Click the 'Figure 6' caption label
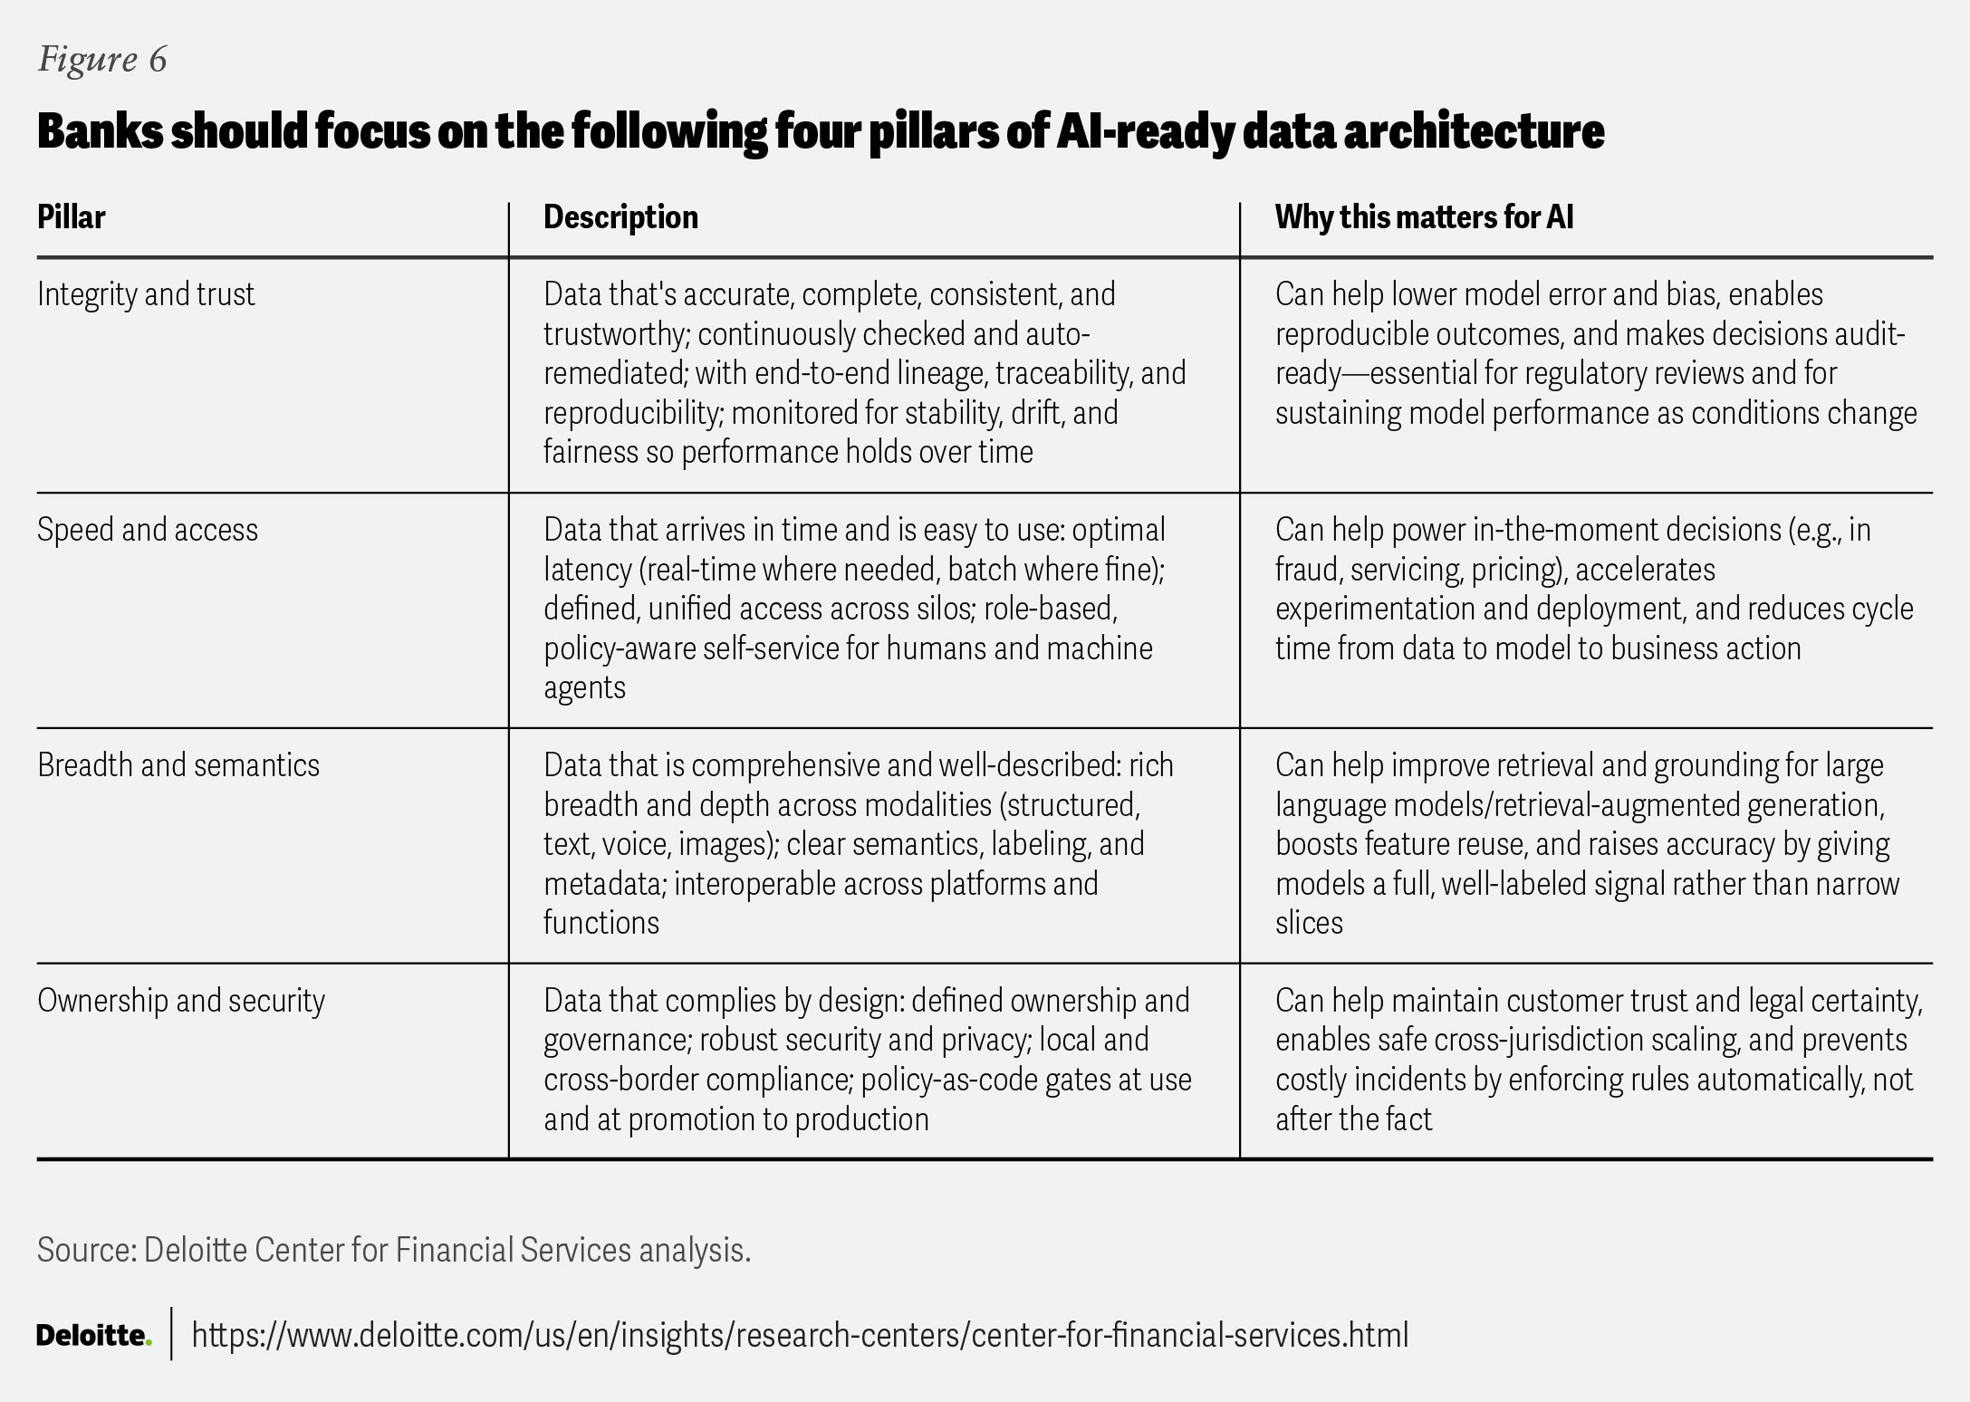point(102,60)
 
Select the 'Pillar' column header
point(71,217)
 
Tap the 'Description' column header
point(620,217)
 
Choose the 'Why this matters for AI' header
point(1424,217)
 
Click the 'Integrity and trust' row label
point(146,294)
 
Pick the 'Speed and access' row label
point(148,530)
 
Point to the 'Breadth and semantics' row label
point(178,765)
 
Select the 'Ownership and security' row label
point(181,1001)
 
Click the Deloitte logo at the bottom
point(93,1335)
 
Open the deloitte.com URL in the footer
point(800,1335)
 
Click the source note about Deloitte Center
point(394,1251)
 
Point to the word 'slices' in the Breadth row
point(1309,923)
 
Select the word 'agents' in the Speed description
point(584,687)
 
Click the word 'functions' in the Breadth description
point(601,923)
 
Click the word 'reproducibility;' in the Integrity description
point(629,413)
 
